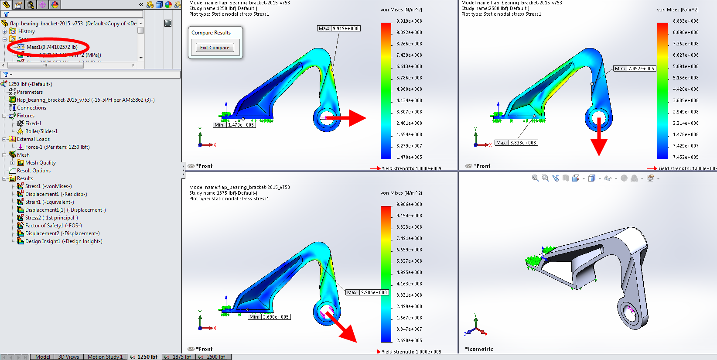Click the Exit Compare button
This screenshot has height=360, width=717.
pyautogui.click(x=215, y=48)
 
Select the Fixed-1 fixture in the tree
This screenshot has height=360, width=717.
pyautogui.click(x=33, y=123)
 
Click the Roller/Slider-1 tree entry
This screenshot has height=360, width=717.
pyautogui.click(x=41, y=131)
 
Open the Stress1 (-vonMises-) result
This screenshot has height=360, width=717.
pyautogui.click(x=48, y=186)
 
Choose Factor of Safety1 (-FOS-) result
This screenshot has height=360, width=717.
pyautogui.click(x=53, y=226)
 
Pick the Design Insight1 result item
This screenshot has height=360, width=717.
pyautogui.click(x=63, y=241)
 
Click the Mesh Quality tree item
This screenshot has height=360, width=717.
pyautogui.click(x=40, y=163)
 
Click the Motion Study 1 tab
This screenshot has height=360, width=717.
pyautogui.click(x=105, y=357)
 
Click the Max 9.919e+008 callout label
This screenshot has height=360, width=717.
pyautogui.click(x=339, y=28)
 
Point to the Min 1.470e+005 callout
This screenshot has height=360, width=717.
pyautogui.click(x=235, y=125)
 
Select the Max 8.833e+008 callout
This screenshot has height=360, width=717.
pyautogui.click(x=516, y=143)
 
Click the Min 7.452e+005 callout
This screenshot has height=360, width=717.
pyautogui.click(x=635, y=69)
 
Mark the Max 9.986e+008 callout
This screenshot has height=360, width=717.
pyautogui.click(x=367, y=292)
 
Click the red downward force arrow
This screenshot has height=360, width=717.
pyautogui.click(x=599, y=137)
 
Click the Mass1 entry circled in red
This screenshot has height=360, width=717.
pyautogui.click(x=51, y=47)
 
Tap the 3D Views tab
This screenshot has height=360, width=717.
pyautogui.click(x=68, y=357)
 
